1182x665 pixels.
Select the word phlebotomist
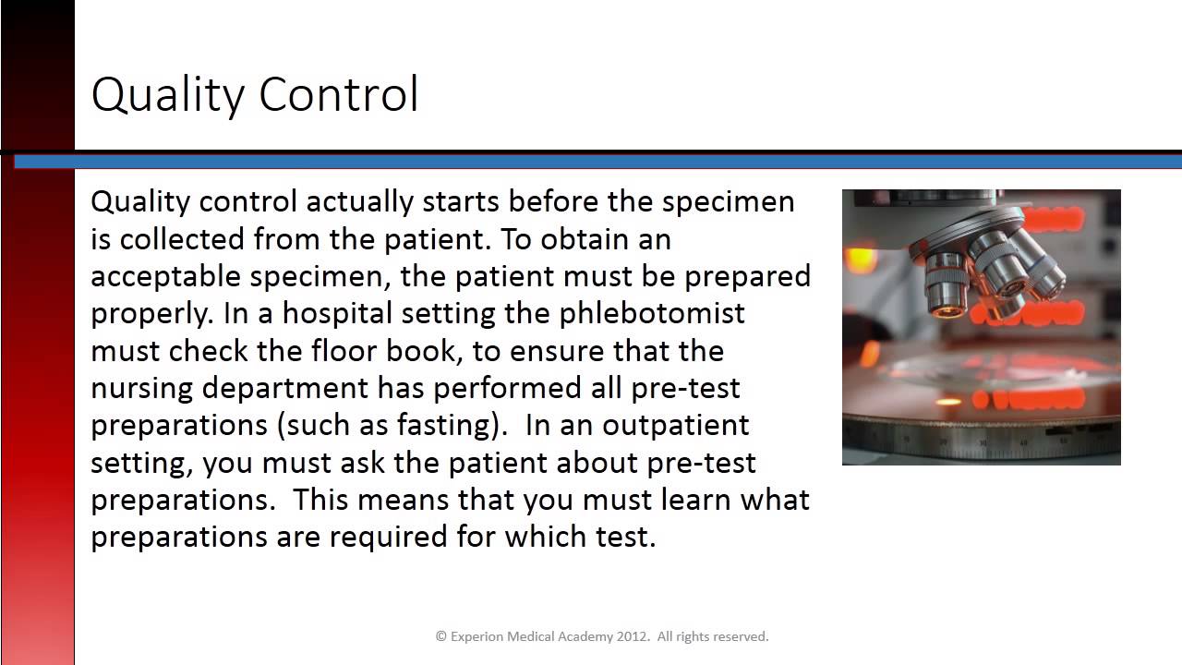click(x=652, y=314)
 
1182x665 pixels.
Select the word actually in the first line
click(x=359, y=202)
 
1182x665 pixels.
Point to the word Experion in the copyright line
click(x=477, y=636)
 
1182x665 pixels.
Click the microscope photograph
click(x=981, y=327)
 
